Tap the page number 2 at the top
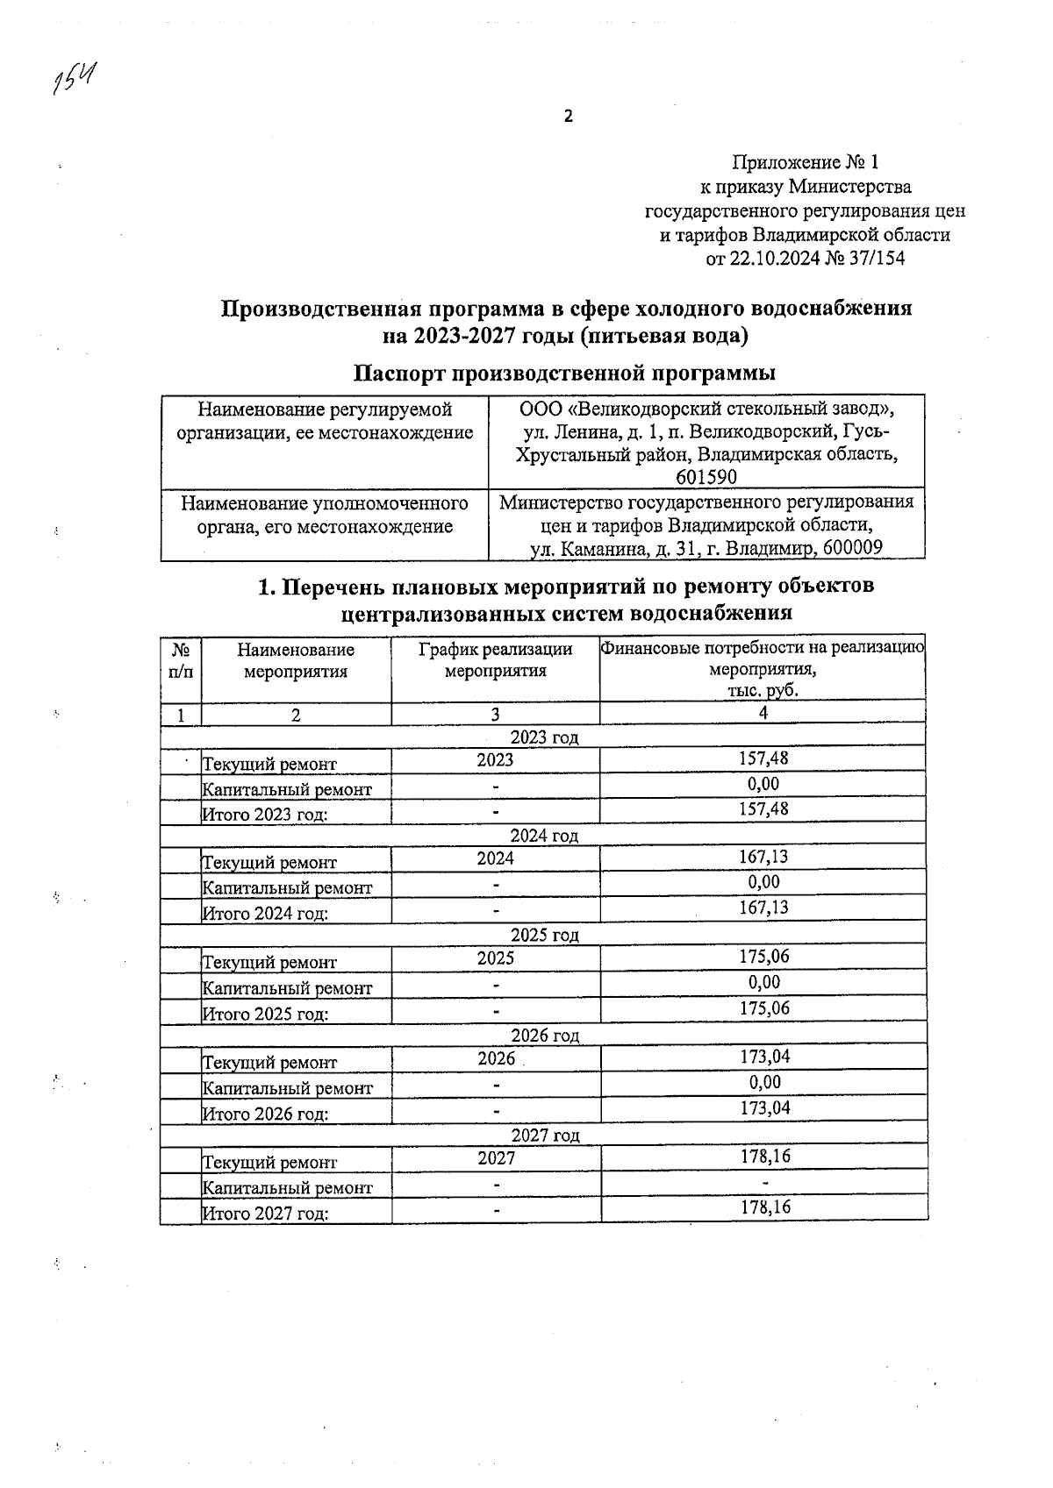click(568, 116)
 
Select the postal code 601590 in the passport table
click(706, 477)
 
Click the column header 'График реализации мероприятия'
click(495, 660)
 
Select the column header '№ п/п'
click(181, 660)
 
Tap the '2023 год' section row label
click(544, 737)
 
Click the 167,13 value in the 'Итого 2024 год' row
click(763, 908)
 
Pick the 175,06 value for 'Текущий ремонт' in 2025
click(763, 957)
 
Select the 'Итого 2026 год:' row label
click(266, 1114)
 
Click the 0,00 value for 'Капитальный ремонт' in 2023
click(763, 784)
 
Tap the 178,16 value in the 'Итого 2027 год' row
click(764, 1207)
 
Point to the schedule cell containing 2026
click(496, 1058)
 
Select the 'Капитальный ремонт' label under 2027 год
click(288, 1188)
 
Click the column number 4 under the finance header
click(763, 713)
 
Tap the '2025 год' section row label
click(544, 935)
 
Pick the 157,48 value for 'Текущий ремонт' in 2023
click(763, 758)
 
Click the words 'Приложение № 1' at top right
click(805, 162)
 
